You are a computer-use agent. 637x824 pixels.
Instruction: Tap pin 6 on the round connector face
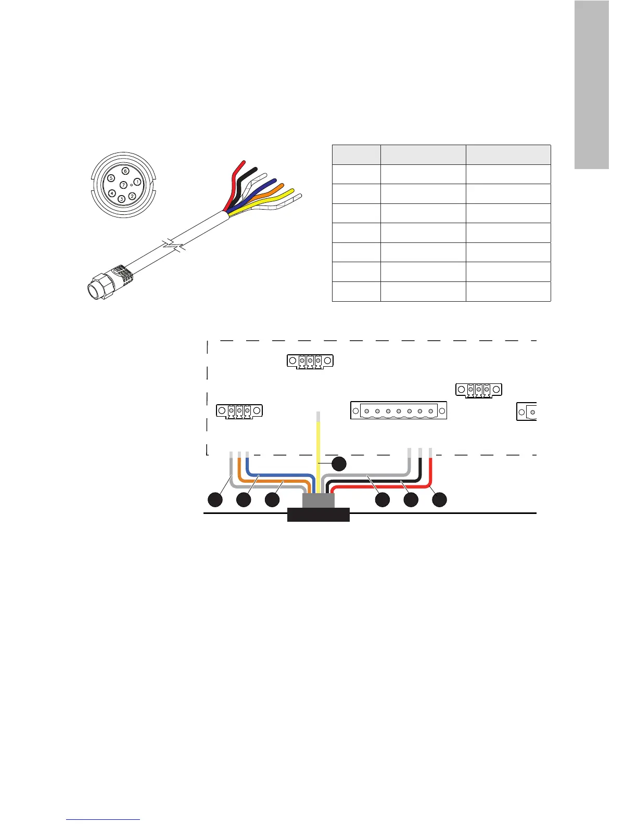[125, 171]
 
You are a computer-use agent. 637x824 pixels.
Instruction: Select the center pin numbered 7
[123, 185]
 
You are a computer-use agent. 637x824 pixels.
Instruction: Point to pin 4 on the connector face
[112, 193]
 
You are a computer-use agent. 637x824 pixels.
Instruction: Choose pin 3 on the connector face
[121, 199]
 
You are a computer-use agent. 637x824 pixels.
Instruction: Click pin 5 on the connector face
[111, 178]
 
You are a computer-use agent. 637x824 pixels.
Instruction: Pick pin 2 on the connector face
[132, 196]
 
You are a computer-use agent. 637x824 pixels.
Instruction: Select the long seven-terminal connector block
[399, 410]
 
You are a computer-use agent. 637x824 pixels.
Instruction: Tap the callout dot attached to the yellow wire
[339, 463]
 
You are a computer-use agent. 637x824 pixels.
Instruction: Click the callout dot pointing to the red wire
[439, 500]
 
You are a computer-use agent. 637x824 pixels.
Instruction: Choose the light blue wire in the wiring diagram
[281, 475]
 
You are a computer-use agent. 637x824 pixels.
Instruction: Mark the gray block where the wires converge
[318, 501]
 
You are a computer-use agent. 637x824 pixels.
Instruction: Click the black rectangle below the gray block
[318, 515]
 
